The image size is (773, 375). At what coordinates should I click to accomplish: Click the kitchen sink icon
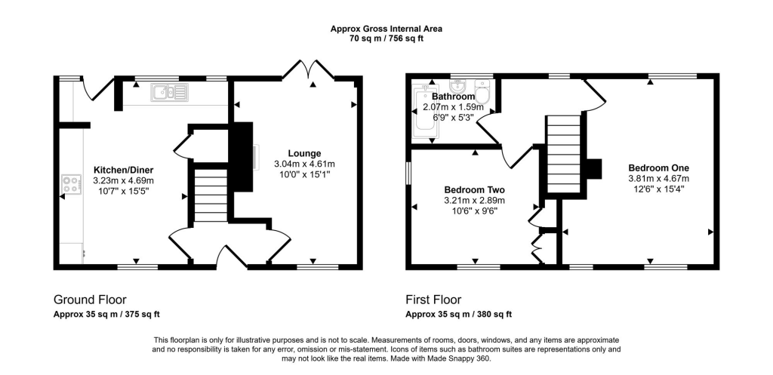point(171,93)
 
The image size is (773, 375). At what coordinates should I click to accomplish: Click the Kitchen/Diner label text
point(123,170)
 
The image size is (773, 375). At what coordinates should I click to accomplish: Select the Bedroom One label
point(658,168)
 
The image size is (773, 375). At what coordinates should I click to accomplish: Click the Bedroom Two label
point(474,189)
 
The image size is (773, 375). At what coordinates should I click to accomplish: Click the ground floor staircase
point(211,195)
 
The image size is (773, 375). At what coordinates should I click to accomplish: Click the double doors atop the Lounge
point(308,70)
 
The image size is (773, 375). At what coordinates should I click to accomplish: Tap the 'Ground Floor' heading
point(90,300)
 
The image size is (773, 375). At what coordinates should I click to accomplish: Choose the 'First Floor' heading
point(433,300)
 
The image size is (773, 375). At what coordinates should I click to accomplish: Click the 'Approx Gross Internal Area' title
point(386,29)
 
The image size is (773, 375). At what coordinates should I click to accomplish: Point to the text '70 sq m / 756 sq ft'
point(386,38)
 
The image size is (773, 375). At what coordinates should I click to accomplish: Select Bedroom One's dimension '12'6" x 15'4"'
point(658,189)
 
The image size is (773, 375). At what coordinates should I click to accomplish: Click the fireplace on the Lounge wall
point(244,159)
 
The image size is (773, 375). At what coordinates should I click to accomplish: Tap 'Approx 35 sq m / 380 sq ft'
point(458,314)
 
